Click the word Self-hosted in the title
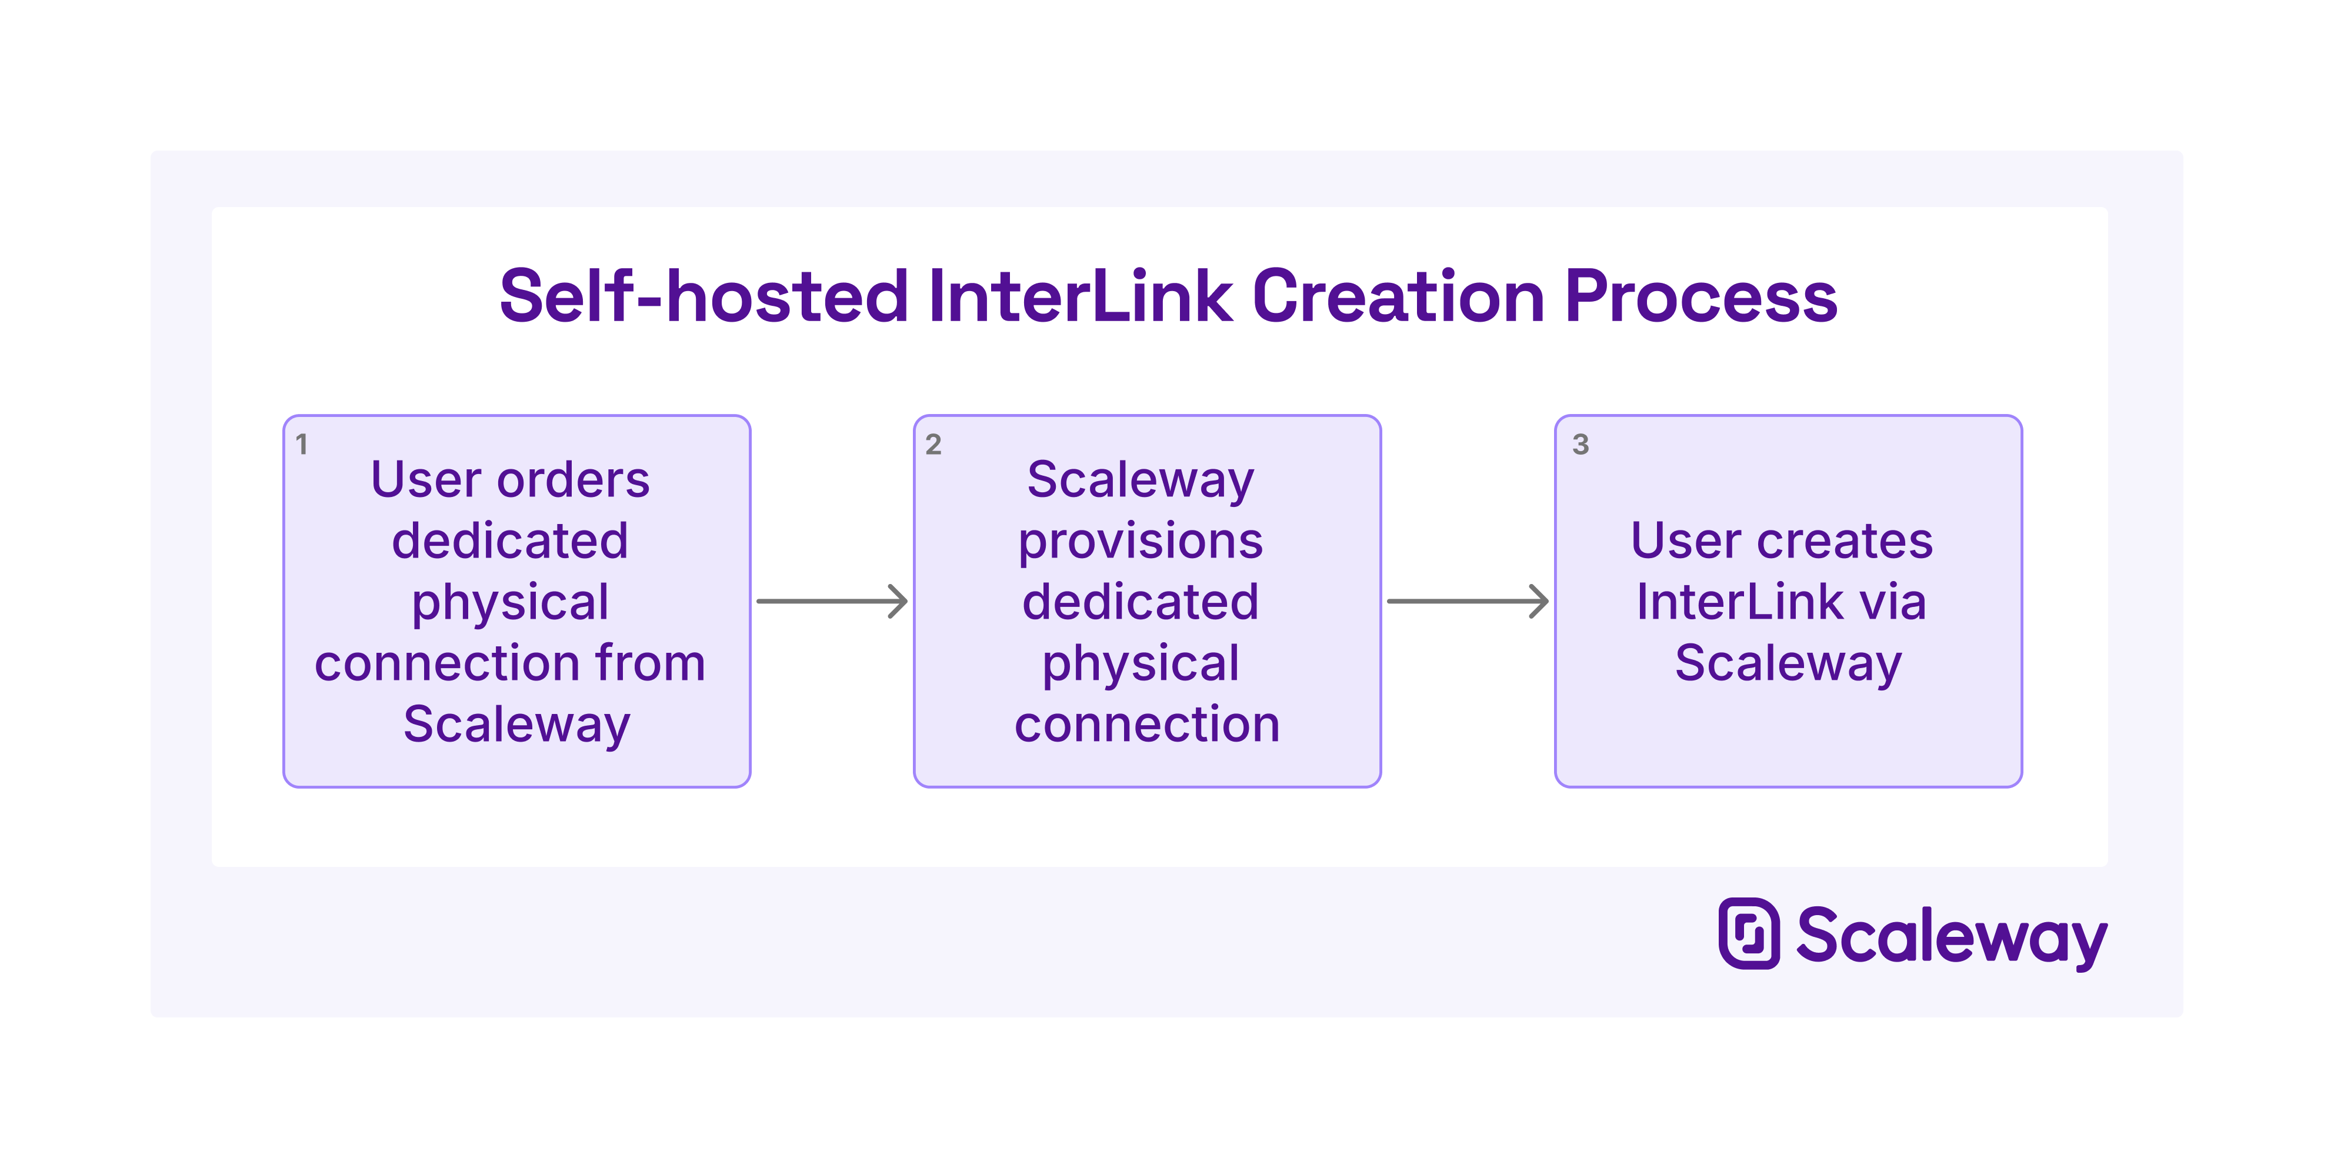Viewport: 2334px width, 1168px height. (x=703, y=296)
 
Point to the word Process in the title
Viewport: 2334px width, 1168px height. (x=1701, y=296)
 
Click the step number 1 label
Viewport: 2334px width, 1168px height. (x=302, y=444)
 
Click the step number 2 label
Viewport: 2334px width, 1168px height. (x=933, y=444)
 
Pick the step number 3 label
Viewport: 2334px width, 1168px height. (x=1580, y=444)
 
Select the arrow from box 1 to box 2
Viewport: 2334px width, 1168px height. (x=832, y=601)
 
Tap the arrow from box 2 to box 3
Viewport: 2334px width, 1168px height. (x=1467, y=601)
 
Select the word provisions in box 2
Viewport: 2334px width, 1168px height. (x=1141, y=542)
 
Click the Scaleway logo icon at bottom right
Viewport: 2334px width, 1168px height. (x=1749, y=933)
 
